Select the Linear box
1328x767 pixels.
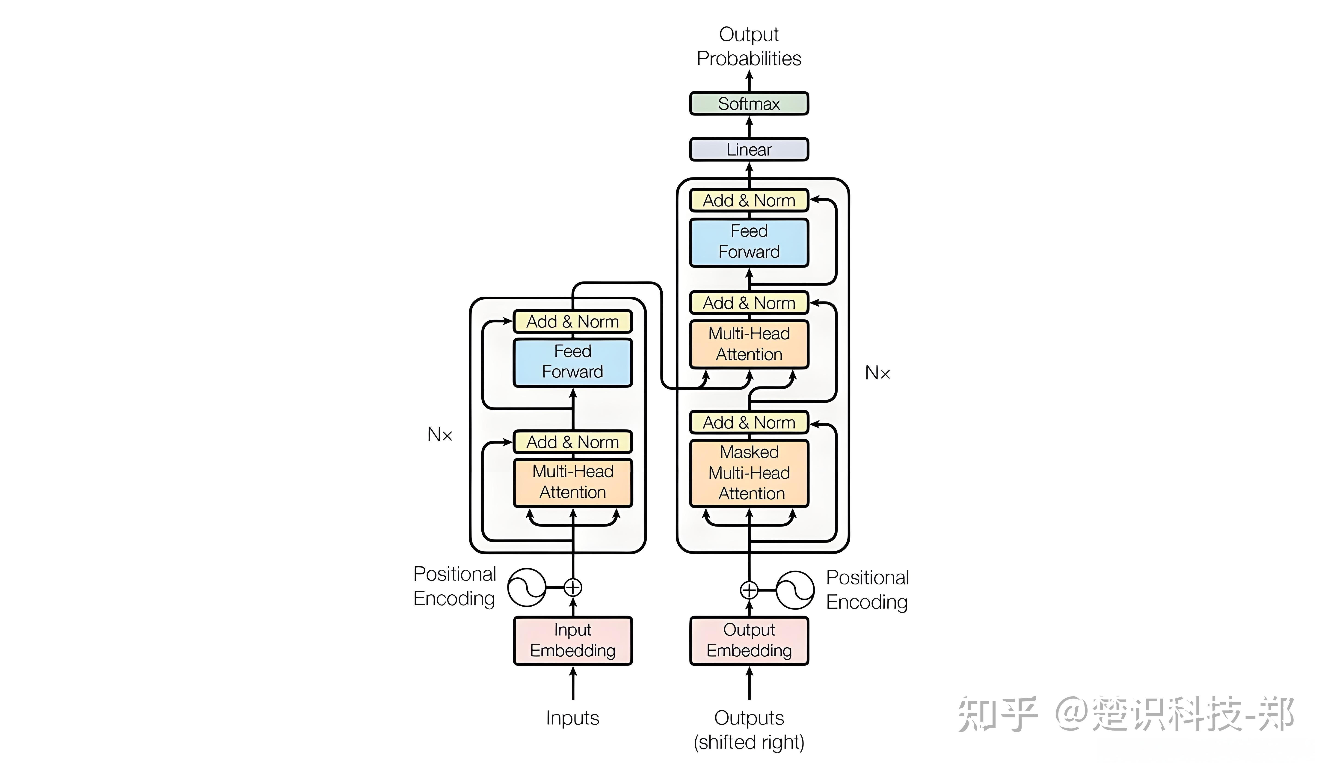749,150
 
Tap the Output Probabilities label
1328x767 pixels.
749,46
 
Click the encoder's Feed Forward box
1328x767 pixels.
573,362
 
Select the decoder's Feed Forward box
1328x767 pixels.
749,242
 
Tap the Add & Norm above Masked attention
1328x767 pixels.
749,422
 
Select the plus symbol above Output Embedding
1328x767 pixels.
749,590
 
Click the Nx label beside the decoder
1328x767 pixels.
877,373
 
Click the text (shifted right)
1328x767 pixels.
749,742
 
